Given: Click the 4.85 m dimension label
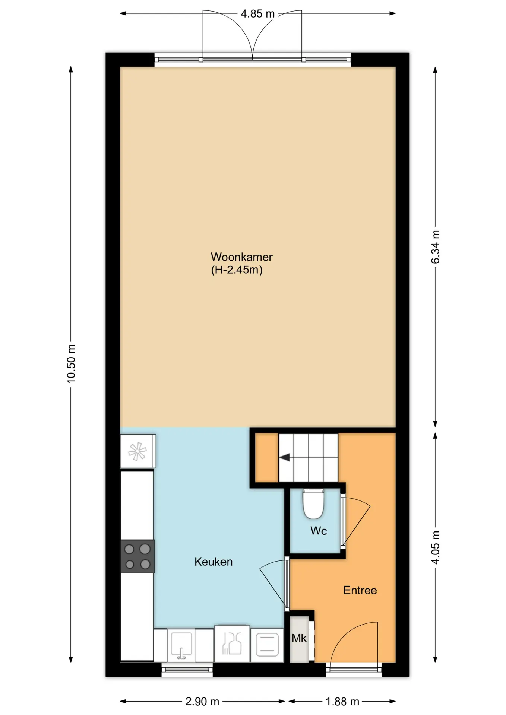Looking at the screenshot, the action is click(x=257, y=14).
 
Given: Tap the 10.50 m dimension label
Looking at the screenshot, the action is click(x=71, y=364).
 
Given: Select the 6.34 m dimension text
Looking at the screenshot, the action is click(x=435, y=247).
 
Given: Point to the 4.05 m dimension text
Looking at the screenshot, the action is click(x=435, y=547).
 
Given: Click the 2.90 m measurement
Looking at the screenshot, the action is click(x=202, y=702).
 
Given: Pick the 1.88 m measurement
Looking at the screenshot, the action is click(x=342, y=702).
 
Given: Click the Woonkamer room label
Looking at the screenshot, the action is click(x=241, y=257).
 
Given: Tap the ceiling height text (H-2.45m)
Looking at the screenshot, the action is click(x=237, y=270).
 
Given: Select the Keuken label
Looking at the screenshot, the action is click(x=214, y=562).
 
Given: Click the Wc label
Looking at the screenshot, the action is click(x=319, y=531).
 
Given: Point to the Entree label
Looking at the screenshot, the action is click(x=360, y=590).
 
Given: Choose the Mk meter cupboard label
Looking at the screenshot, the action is click(x=299, y=638).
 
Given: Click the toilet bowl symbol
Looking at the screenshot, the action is click(x=313, y=504).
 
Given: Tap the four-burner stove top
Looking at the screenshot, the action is click(x=137, y=556).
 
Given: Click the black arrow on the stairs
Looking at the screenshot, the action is click(x=285, y=457).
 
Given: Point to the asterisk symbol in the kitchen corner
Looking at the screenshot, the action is click(x=137, y=451).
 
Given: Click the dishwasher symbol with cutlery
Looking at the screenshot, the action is click(x=232, y=644).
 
